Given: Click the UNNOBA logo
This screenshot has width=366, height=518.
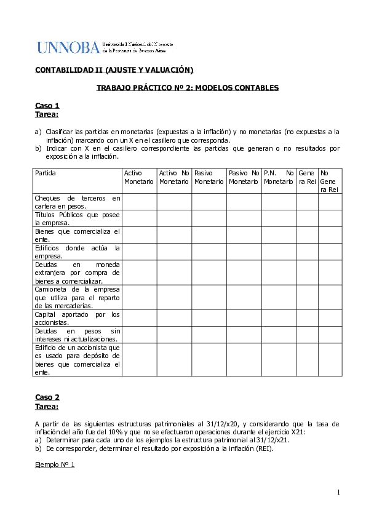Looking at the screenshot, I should pos(105,47).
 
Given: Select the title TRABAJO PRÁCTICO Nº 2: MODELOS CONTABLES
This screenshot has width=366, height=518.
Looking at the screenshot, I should pos(188,88).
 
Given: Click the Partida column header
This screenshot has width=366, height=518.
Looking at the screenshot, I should pos(46,173).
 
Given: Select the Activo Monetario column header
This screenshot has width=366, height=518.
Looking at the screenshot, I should pos(139,177).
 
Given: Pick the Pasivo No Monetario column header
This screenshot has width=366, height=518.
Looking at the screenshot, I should pos(244,177).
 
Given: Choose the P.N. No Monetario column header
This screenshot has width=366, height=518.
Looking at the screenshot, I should pos(279,177).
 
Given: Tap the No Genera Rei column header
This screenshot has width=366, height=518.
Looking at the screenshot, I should pos(330,181).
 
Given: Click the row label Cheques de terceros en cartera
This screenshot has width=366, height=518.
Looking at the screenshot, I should pos(78,202).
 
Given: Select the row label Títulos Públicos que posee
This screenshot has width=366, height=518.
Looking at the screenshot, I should pos(78,218).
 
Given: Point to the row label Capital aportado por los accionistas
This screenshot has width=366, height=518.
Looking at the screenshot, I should pos(78,318).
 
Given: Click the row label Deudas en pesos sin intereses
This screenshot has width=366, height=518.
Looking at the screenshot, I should pos(78,335).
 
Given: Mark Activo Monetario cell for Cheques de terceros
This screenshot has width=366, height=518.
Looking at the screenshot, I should pos(140,202).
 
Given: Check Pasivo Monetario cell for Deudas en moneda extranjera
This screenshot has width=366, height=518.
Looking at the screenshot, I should pos(209,272).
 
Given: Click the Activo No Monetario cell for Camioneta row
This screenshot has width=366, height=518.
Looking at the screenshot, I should pos(174,297).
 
